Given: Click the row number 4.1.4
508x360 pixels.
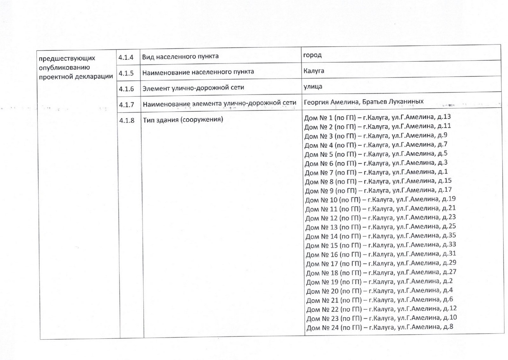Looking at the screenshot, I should (x=126, y=58).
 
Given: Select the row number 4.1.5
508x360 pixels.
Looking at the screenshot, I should (x=126, y=73).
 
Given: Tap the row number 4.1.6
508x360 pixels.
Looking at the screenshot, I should (x=126, y=89).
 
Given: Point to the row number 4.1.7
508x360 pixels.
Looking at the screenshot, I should (x=126, y=104).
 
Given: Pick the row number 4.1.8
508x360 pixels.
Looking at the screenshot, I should (x=127, y=120).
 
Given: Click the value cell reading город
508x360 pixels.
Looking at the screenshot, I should (x=312, y=55).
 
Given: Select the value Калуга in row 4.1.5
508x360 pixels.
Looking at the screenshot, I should (x=314, y=71).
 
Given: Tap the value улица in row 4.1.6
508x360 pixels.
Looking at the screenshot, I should (x=313, y=86).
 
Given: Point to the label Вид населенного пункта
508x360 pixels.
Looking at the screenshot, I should (x=180, y=57).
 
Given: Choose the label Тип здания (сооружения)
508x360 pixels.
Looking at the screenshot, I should (x=183, y=119).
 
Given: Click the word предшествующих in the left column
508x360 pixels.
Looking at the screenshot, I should (x=67, y=58).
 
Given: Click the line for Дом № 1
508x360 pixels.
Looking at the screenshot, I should (x=377, y=117).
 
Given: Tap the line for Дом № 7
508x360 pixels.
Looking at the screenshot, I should (x=376, y=172).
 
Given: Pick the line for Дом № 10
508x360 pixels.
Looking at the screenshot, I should (x=380, y=200).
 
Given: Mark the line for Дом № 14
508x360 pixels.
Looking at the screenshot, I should (x=381, y=236).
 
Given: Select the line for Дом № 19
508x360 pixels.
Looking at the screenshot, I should (x=379, y=282).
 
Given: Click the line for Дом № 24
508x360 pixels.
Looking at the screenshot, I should (x=380, y=327).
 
